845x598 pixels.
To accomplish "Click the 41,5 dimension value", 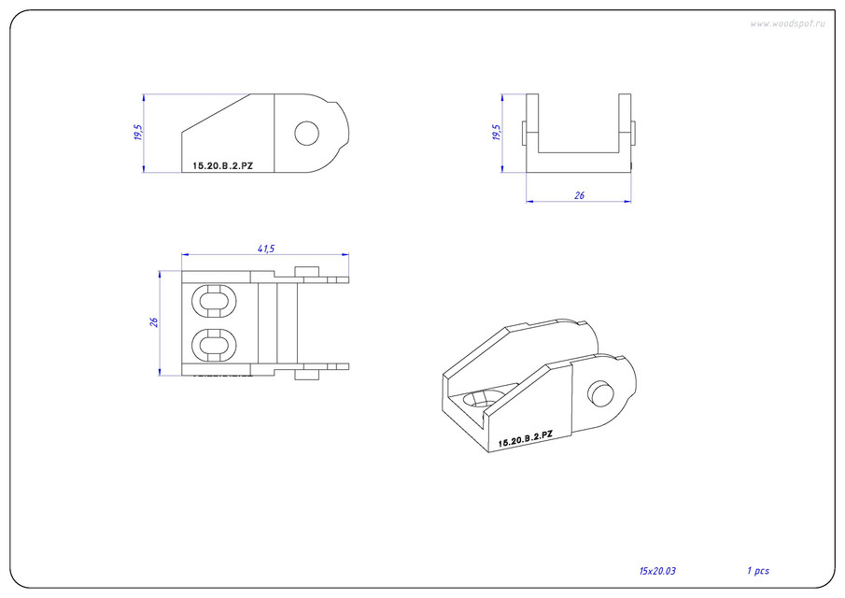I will pos(264,249).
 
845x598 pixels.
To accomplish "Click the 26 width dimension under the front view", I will pos(579,195).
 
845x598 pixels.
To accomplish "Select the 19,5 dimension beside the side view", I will pos(138,133).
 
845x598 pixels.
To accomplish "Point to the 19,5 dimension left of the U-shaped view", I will pos(497,133).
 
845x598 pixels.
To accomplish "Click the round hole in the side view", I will pos(306,134).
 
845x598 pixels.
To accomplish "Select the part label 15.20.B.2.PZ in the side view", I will pos(222,165).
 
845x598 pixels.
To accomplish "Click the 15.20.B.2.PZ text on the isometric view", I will pos(526,438).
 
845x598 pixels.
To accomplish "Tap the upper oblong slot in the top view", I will pos(215,301).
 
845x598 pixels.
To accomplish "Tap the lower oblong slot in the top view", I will pos(215,345).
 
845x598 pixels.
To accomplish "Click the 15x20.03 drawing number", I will pos(657,570).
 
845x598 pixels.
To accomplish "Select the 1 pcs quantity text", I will pos(757,570).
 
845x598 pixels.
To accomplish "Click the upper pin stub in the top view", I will pos(308,271).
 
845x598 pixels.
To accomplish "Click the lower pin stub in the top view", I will pos(308,375).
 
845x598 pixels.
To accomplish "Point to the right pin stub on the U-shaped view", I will pos(634,133).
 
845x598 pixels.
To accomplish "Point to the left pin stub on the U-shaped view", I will pos(523,133).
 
